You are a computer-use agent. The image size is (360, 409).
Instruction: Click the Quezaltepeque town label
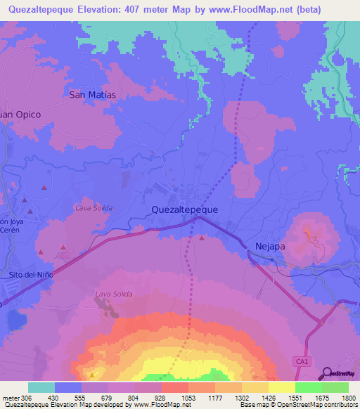(185, 209)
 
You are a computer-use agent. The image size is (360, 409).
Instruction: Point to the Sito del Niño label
(30, 275)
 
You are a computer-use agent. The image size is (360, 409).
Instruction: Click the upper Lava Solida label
(94, 208)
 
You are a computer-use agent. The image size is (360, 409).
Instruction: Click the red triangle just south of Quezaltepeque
(202, 238)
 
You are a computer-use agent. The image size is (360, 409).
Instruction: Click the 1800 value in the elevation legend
(349, 397)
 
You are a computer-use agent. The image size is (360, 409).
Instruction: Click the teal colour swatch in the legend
(41, 387)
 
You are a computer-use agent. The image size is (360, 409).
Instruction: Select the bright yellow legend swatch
(281, 387)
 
